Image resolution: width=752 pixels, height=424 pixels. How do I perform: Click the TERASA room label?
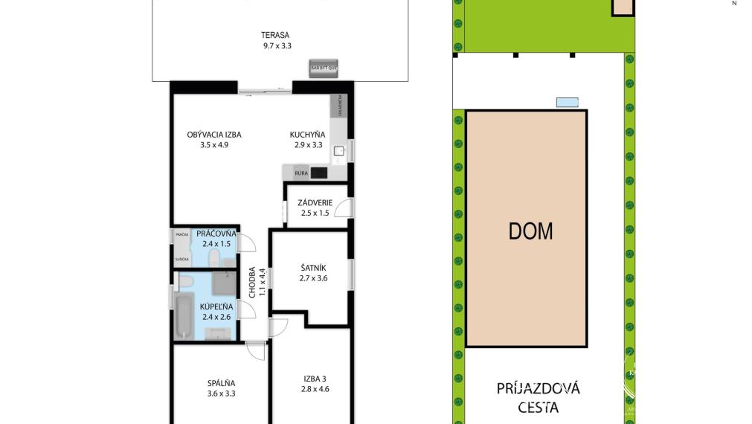(274, 35)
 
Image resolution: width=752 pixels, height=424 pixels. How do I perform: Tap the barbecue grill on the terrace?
(324, 67)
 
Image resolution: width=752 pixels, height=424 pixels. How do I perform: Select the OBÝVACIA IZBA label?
(213, 135)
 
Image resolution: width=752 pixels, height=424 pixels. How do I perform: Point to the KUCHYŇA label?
(307, 135)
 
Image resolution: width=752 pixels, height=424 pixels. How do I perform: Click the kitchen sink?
(338, 151)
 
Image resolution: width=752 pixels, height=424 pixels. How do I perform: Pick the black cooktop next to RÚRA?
(319, 173)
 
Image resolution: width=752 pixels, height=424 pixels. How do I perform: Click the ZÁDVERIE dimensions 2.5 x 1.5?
(315, 213)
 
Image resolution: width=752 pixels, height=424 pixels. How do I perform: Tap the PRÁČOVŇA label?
(216, 234)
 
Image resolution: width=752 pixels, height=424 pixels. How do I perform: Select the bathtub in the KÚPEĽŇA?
(182, 315)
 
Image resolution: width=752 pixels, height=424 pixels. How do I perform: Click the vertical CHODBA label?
(253, 283)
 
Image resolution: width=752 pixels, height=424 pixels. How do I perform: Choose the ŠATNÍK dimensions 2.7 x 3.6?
(314, 278)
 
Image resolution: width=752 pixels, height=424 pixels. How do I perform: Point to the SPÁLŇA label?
(221, 384)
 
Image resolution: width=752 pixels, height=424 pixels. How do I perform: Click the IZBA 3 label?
(315, 378)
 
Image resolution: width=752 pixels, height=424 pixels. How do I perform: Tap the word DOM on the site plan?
(530, 231)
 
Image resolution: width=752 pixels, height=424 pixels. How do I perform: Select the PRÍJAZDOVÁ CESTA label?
(538, 397)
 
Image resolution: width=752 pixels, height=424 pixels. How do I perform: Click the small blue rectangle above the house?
(568, 102)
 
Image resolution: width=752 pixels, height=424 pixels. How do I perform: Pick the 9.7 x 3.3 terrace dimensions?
(277, 45)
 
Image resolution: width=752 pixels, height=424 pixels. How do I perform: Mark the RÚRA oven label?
(301, 173)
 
